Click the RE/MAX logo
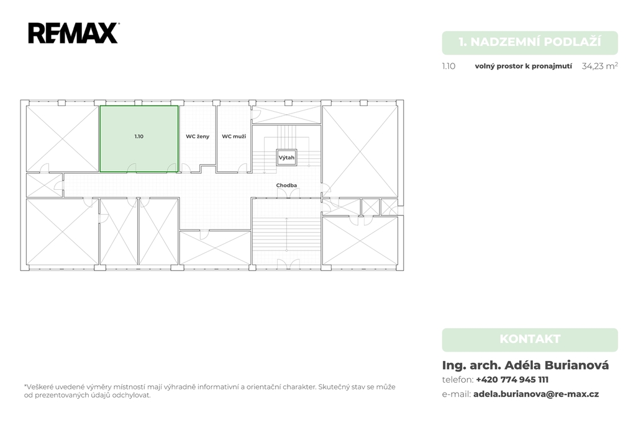pyautogui.click(x=73, y=33)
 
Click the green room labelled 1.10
pyautogui.click(x=139, y=138)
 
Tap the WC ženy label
pyautogui.click(x=198, y=136)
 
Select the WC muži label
pyautogui.click(x=234, y=136)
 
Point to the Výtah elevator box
pyautogui.click(x=286, y=158)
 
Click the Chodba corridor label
pyautogui.click(x=286, y=185)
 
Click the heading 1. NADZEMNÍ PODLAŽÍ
pyautogui.click(x=530, y=42)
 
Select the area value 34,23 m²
pyautogui.click(x=599, y=66)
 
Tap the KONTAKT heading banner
pyautogui.click(x=530, y=339)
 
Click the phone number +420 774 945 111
pyautogui.click(x=512, y=380)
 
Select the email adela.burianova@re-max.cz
pyautogui.click(x=536, y=394)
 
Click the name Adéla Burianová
pyautogui.click(x=556, y=365)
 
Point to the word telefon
pyautogui.click(x=457, y=380)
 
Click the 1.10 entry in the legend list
pyautogui.click(x=448, y=66)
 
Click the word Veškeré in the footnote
pyautogui.click(x=39, y=387)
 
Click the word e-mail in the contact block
pyautogui.click(x=457, y=394)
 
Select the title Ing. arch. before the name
pyautogui.click(x=471, y=365)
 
